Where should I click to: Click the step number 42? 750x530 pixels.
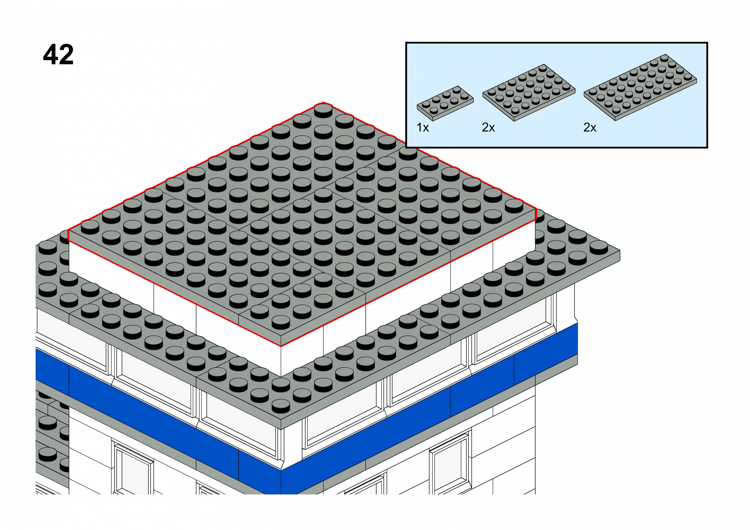point(58,54)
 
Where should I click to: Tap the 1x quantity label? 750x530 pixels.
point(422,128)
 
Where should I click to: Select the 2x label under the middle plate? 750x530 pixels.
point(488,128)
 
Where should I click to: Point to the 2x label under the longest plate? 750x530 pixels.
point(590,128)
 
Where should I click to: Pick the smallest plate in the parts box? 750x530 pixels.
point(445,103)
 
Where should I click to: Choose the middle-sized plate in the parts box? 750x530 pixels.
point(529,92)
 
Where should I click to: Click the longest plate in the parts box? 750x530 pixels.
point(640,87)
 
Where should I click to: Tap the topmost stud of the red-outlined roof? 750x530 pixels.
point(323,110)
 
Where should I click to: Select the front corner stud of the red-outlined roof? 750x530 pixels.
point(281,322)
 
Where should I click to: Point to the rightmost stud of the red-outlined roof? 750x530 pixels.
point(514,206)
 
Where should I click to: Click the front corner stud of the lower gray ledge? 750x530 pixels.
point(281,406)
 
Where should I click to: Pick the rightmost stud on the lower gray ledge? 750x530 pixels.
point(599,248)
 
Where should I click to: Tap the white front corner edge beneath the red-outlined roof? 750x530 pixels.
point(281,361)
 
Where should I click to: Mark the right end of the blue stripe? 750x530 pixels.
point(577,339)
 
